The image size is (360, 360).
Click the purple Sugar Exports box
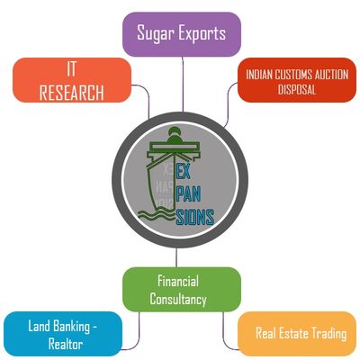pyautogui.click(x=182, y=34)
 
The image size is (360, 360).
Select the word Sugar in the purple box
pyautogui.click(x=156, y=33)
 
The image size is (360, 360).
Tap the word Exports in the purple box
pyautogui.click(x=202, y=33)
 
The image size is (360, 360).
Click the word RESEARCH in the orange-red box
pyautogui.click(x=72, y=93)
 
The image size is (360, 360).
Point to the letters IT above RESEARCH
pyautogui.click(x=71, y=69)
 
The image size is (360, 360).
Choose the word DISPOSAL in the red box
pyautogui.click(x=297, y=89)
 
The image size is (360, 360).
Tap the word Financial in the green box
pyautogui.click(x=178, y=281)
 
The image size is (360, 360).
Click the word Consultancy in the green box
pyautogui.click(x=178, y=299)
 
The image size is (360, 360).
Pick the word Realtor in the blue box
pyautogui.click(x=66, y=344)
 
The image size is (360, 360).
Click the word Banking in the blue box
pyautogui.click(x=71, y=327)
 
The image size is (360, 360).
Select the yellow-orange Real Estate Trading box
pyautogui.click(x=297, y=334)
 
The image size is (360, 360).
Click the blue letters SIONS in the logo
pyautogui.click(x=194, y=217)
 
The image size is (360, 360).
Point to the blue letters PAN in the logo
pyautogui.click(x=188, y=194)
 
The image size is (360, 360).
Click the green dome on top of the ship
pyautogui.click(x=175, y=135)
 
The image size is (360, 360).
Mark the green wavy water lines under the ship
pyautogui.click(x=156, y=215)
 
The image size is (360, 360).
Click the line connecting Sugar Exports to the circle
pyautogui.click(x=183, y=85)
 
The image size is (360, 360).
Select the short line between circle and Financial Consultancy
pyautogui.click(x=176, y=257)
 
